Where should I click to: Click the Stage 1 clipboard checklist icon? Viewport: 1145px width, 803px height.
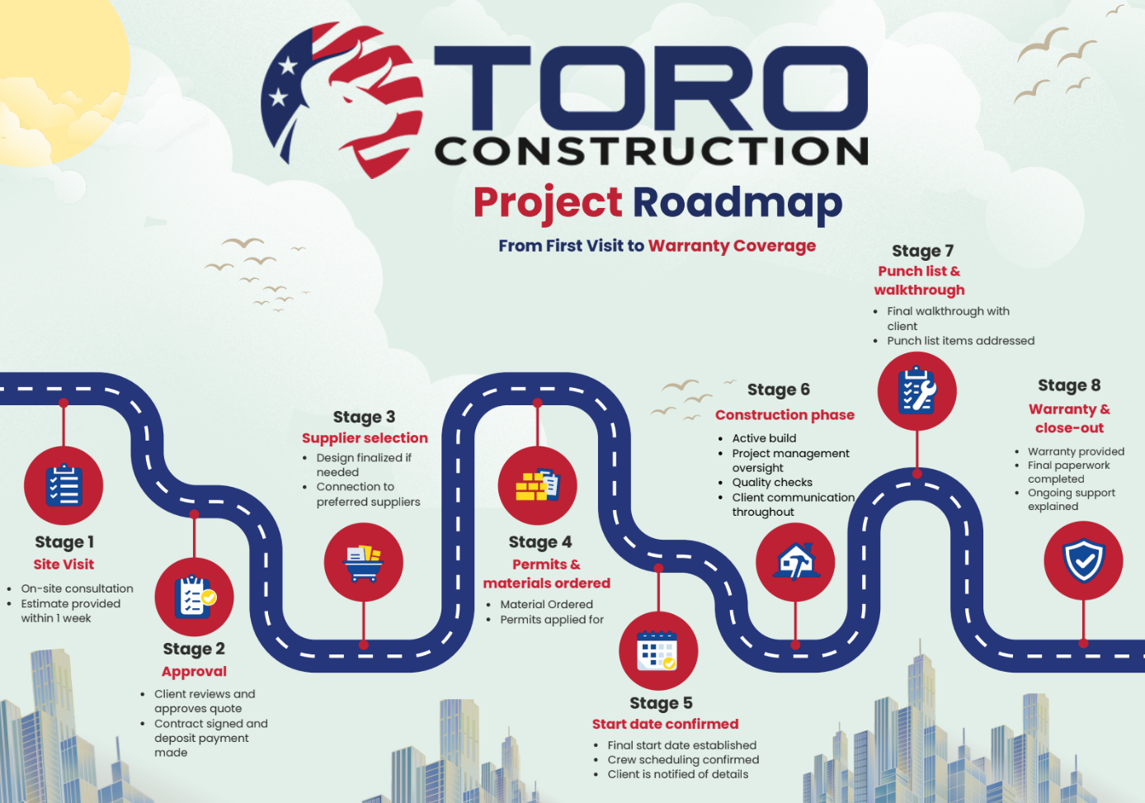(64, 485)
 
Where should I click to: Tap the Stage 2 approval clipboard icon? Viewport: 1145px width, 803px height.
(195, 597)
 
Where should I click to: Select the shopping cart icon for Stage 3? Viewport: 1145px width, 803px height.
(364, 563)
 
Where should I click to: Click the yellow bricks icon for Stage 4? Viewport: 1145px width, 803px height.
(537, 485)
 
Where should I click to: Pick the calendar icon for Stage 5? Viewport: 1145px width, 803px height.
(658, 651)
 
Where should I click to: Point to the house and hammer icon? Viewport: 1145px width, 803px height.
(795, 563)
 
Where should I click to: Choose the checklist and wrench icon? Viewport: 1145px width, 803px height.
(916, 391)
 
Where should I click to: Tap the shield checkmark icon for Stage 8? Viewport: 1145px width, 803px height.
(1083, 560)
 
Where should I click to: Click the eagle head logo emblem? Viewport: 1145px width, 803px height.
(342, 99)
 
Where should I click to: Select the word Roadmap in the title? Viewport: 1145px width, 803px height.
(737, 203)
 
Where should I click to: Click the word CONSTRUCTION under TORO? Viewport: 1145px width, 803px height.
(652, 151)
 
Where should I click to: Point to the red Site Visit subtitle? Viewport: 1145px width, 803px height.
(64, 564)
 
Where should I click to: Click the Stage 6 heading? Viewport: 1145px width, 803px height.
(778, 390)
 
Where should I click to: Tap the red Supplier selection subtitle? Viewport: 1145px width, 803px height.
(365, 438)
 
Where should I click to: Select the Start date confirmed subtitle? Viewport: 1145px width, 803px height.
(665, 724)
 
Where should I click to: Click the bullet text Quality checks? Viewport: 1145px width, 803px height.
(772, 482)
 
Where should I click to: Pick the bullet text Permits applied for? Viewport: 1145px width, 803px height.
(552, 620)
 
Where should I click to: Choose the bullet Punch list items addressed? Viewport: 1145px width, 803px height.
(960, 341)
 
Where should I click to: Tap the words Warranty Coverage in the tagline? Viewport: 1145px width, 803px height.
(732, 246)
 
